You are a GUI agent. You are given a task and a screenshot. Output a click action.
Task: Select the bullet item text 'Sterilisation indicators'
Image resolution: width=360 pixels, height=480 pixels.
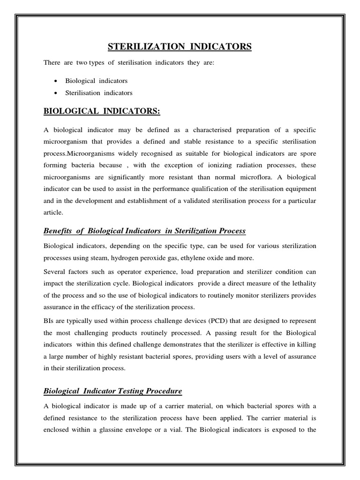point(99,93)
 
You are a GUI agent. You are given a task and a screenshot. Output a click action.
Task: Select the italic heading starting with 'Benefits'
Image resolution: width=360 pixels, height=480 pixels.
point(144,231)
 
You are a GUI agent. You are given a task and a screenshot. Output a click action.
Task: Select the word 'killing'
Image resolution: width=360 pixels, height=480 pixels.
point(306,345)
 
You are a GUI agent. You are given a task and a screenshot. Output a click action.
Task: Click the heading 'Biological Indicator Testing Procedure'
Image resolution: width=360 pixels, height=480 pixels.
point(112,390)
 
